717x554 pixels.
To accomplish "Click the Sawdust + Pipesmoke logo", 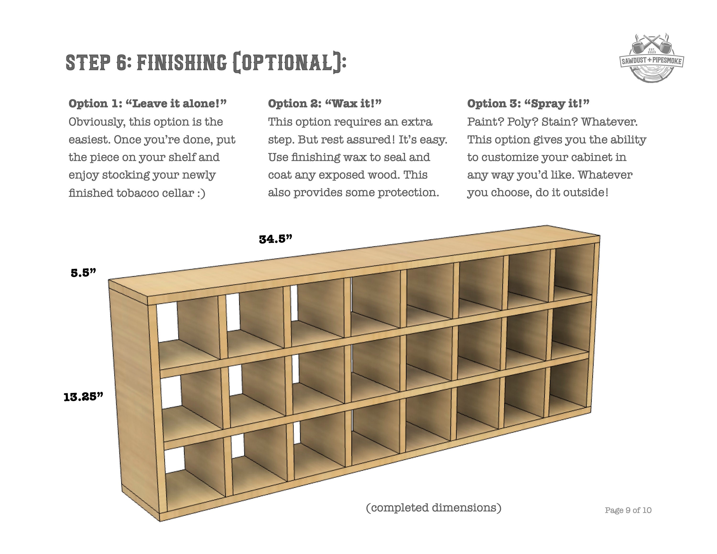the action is point(652,58).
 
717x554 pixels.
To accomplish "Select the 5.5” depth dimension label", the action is point(83,272).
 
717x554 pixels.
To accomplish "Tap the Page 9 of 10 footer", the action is point(628,510).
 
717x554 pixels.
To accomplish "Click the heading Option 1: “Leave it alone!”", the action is point(148,103).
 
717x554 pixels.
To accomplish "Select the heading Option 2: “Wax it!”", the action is point(325,103).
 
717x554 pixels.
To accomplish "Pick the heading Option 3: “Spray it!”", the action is point(528,103).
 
